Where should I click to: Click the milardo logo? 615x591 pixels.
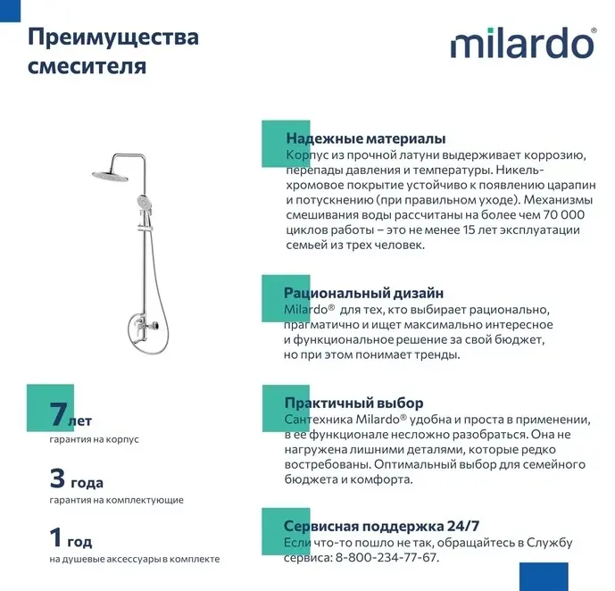(521, 43)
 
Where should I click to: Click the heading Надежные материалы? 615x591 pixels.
(365, 139)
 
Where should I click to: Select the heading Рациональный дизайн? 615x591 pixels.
(363, 293)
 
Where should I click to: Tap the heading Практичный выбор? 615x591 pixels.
(353, 404)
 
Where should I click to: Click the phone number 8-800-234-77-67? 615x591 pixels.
(387, 558)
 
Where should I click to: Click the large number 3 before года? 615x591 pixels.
(58, 478)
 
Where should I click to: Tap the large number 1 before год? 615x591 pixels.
(56, 538)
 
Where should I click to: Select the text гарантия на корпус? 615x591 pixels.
(95, 439)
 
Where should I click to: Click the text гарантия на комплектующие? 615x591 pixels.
(117, 500)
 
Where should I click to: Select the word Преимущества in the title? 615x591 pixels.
(113, 37)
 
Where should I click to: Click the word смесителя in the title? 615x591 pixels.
(87, 67)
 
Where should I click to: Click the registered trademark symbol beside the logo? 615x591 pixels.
(593, 31)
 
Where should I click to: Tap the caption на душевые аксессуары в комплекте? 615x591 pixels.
(134, 560)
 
